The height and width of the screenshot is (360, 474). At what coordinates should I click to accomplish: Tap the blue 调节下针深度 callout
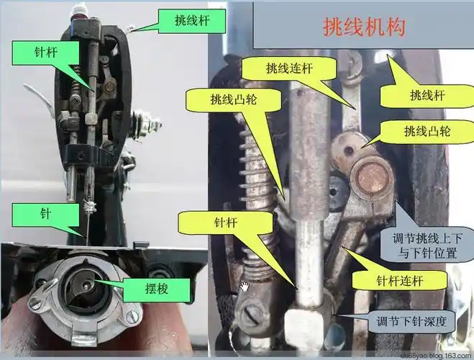click(x=406, y=322)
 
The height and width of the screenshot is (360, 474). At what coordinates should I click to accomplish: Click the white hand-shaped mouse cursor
click(x=245, y=287)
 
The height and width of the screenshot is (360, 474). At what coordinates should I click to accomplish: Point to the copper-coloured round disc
click(x=372, y=176)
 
